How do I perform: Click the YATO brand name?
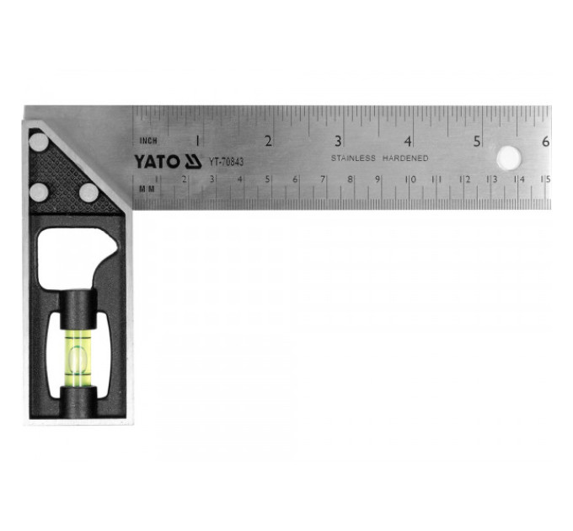click(x=157, y=162)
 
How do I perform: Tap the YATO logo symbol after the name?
click(x=193, y=162)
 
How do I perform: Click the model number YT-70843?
click(x=226, y=162)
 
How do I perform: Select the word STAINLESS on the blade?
click(x=353, y=158)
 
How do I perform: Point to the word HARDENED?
click(x=405, y=158)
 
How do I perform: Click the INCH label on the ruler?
click(x=148, y=141)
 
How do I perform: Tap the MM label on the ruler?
click(x=147, y=189)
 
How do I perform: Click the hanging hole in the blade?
click(x=509, y=158)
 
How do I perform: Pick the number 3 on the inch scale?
click(x=338, y=141)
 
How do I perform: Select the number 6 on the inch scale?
click(x=545, y=142)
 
